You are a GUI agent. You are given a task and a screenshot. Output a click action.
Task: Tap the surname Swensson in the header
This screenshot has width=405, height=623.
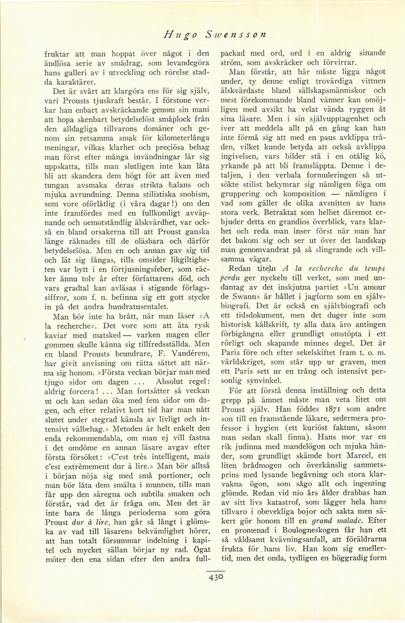point(231,35)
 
